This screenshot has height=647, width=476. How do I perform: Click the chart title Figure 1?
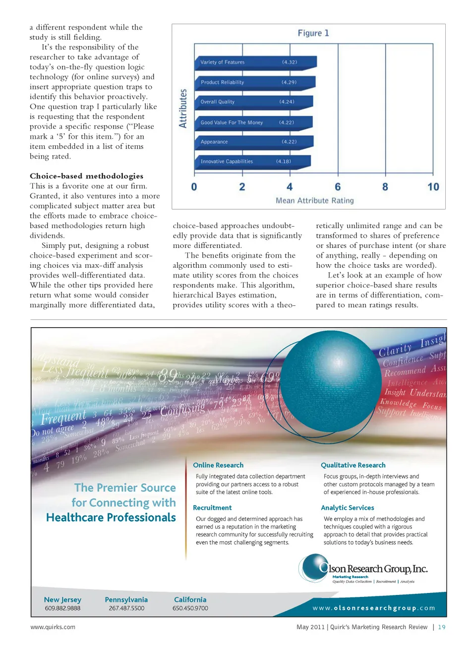coord(313,33)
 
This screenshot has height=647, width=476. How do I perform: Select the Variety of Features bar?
coord(255,62)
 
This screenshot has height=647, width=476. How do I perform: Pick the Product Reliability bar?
coord(254,82)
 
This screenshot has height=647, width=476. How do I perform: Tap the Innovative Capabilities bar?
coord(252,162)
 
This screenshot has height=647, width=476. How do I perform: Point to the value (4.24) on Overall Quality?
coord(287,102)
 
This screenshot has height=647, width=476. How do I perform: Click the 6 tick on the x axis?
coord(338,187)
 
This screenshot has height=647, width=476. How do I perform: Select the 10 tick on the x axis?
coord(433,187)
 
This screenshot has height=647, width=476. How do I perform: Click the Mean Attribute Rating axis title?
coord(315,201)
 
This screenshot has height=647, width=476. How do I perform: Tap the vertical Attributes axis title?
coord(183,109)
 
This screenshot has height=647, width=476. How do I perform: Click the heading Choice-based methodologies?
coord(86,176)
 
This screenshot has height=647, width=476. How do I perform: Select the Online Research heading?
coord(218,465)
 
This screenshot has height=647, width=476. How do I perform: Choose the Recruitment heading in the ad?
coord(212,508)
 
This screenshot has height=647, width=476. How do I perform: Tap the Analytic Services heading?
coord(348,508)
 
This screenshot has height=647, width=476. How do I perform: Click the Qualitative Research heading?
coord(353,465)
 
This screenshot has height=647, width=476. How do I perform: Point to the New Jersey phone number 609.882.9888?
coord(62,608)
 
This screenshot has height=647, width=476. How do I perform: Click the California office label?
coord(190,599)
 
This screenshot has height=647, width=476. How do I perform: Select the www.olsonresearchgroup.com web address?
coord(374,608)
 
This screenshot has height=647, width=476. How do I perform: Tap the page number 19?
coord(442,627)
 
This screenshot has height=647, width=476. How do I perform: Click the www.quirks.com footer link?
coord(53,627)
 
